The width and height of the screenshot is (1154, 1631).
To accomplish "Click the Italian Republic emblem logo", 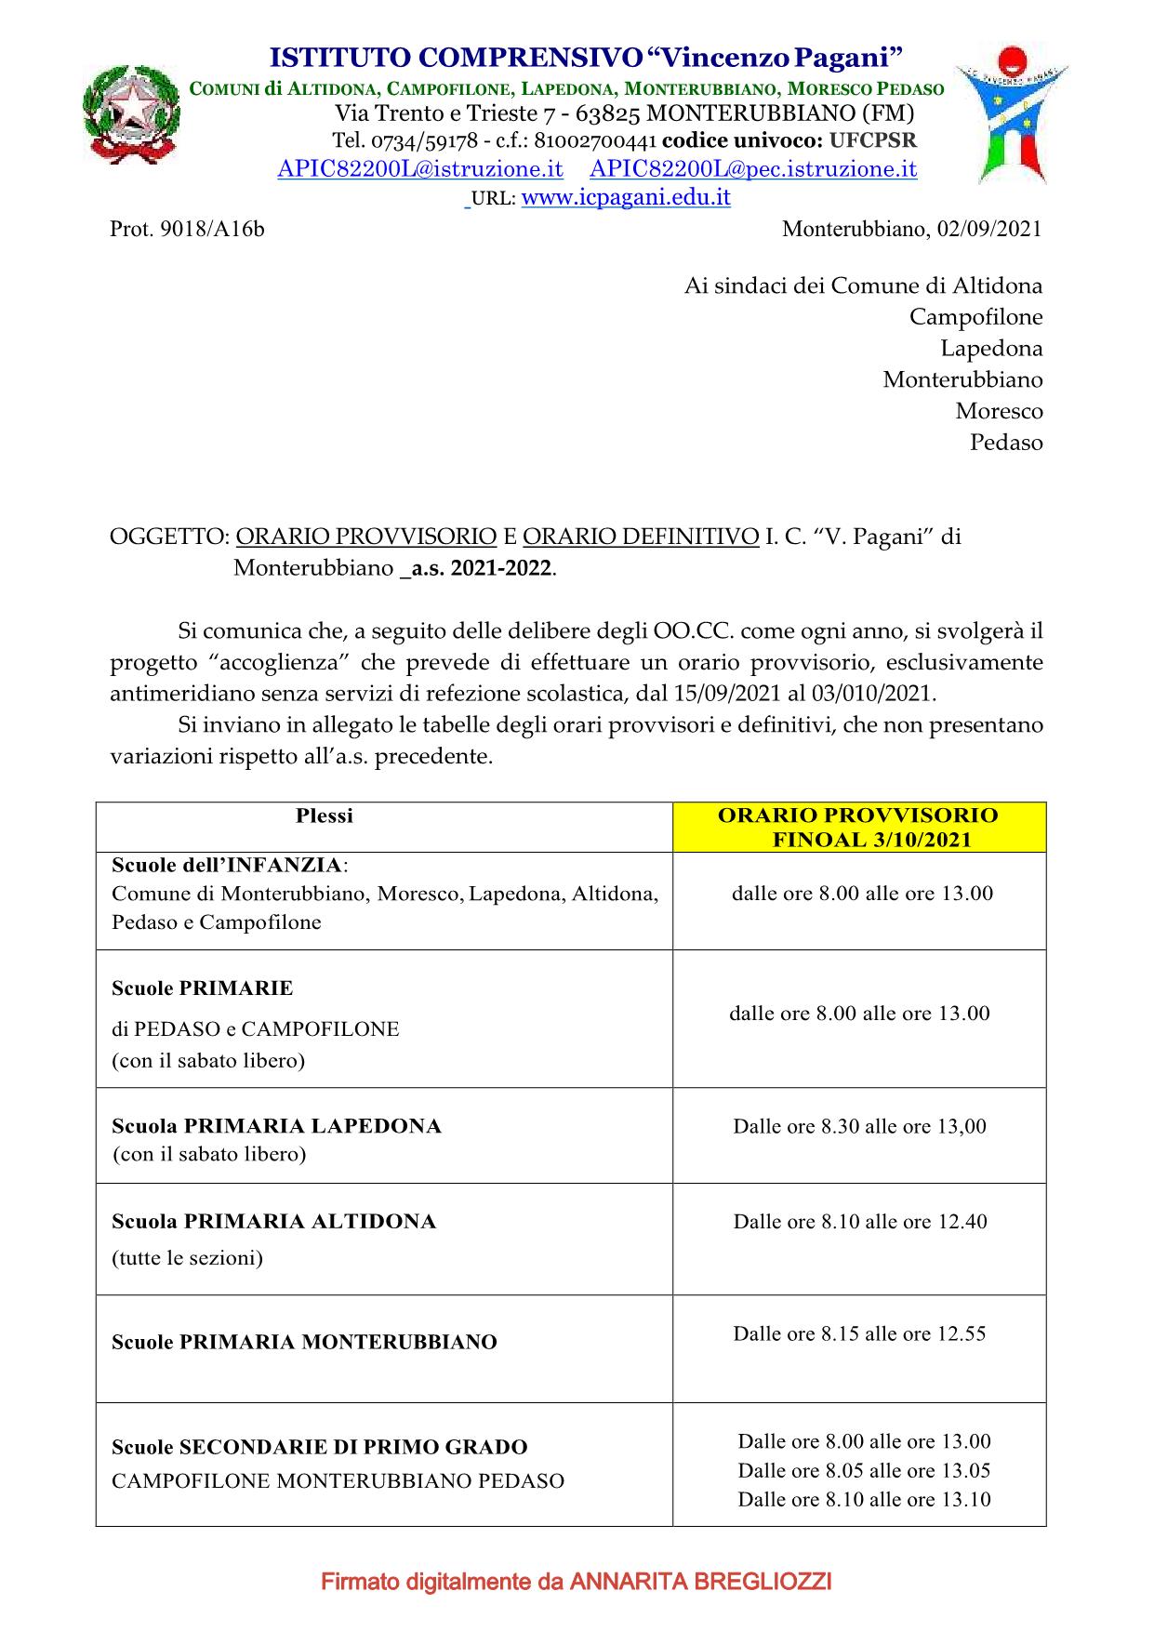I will point(131,116).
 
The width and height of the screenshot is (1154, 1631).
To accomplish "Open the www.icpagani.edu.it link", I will point(626,197).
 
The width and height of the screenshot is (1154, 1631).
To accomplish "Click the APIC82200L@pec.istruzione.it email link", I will point(753,169).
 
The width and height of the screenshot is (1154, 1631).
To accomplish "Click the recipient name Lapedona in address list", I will point(991,349).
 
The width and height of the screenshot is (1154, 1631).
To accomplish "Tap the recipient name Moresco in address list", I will point(999,411).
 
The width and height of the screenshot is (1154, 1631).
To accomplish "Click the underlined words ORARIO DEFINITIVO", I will point(641,537).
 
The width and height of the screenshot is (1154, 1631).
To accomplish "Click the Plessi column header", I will point(325,816).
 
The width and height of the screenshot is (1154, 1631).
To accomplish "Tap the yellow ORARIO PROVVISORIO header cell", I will point(858,828).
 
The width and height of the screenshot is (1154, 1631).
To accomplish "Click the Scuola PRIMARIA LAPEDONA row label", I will point(276,1126).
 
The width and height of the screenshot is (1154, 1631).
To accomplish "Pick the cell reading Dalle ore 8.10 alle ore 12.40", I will point(859,1222).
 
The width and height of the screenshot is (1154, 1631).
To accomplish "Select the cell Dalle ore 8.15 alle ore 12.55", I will point(859,1333).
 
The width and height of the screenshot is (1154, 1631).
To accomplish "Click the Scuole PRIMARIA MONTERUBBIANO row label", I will point(304,1342).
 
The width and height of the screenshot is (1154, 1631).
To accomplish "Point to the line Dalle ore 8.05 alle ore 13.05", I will point(864,1470).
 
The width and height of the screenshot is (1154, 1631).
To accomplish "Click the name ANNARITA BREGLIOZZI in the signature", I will point(700,1581).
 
